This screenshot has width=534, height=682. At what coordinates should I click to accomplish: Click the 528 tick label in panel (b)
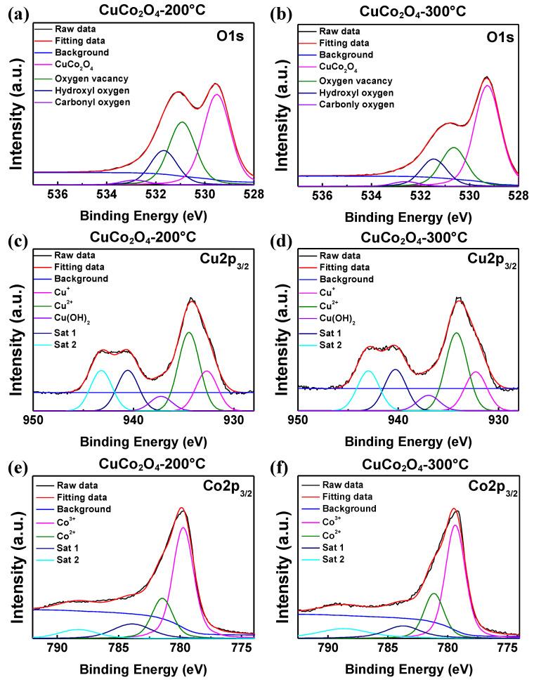(518, 195)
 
